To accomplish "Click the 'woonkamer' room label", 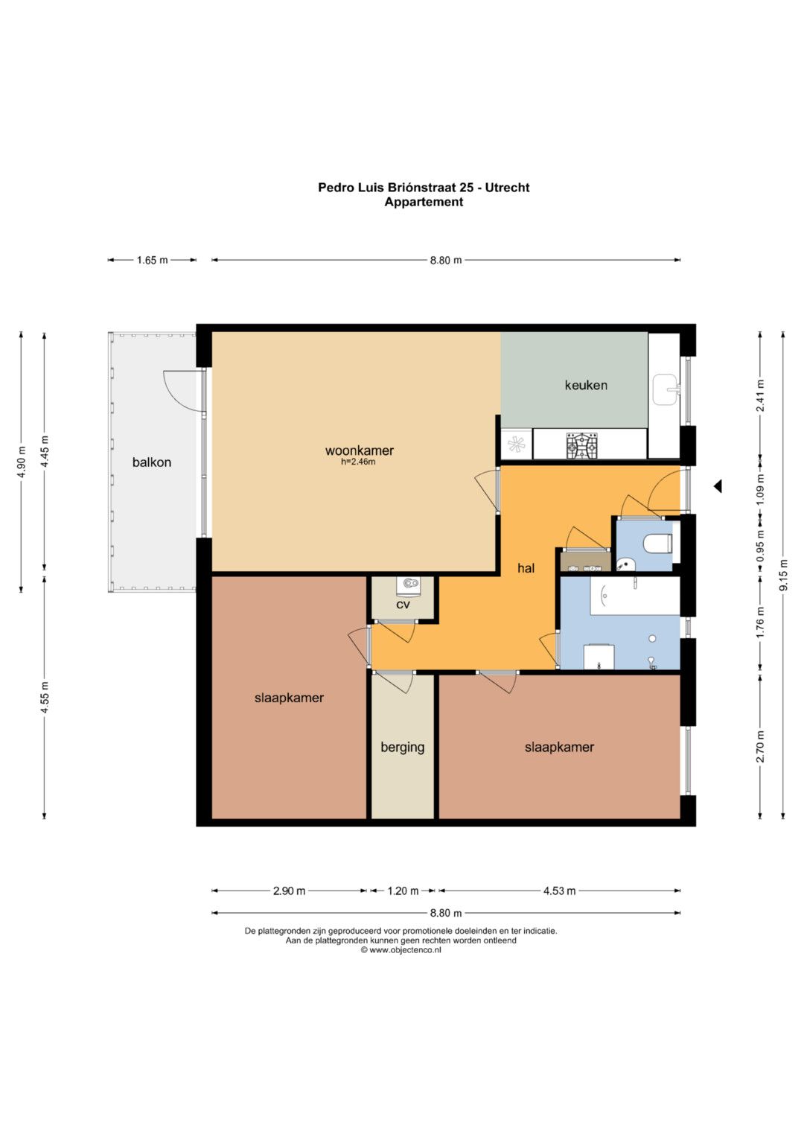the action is (360, 450).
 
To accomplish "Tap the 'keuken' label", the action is (586, 385).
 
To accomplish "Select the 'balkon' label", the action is (152, 462).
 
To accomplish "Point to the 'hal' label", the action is (526, 568).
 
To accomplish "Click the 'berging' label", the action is (403, 747).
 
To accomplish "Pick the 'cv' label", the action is (403, 605).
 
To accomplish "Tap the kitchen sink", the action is (666, 389).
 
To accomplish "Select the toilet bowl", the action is (657, 544).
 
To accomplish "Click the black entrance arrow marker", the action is (718, 486).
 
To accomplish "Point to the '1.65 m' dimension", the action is (152, 261).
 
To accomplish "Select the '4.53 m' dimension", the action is (559, 891).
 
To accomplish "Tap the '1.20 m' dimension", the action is (403, 891).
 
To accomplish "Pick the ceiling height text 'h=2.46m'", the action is (358, 462).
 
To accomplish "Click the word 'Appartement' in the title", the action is (424, 202).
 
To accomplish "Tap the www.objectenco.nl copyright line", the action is (401, 950).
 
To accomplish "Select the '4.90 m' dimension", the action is (22, 462).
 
